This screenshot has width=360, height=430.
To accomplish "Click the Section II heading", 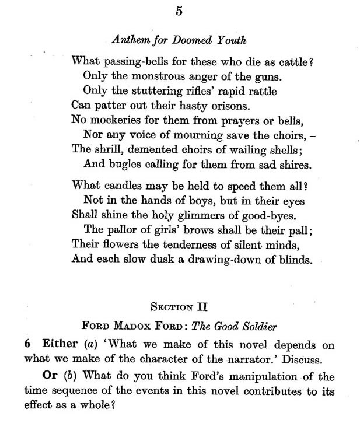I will [x=180, y=305].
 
